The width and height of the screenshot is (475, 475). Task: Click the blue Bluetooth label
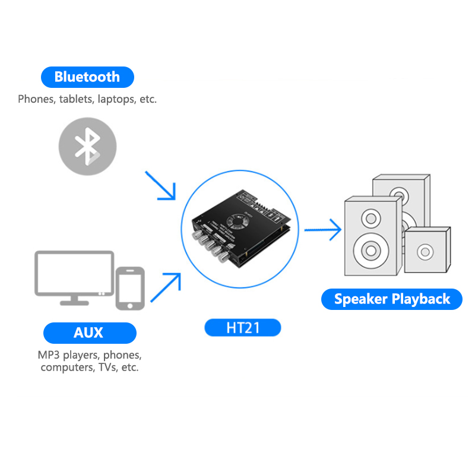pyautogui.click(x=87, y=77)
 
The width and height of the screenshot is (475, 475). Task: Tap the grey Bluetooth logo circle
pyautogui.click(x=87, y=146)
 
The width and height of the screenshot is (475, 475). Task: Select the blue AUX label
pyautogui.click(x=88, y=332)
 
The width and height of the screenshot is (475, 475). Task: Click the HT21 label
pyautogui.click(x=242, y=327)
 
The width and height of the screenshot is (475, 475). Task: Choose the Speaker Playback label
pyautogui.click(x=392, y=299)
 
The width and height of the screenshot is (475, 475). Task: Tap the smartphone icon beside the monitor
pyautogui.click(x=130, y=288)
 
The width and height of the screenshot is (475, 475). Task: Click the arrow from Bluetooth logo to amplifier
pyautogui.click(x=161, y=185)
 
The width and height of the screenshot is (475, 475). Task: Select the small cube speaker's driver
pyautogui.click(x=425, y=252)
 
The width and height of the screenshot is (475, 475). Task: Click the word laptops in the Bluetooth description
pyautogui.click(x=116, y=100)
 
